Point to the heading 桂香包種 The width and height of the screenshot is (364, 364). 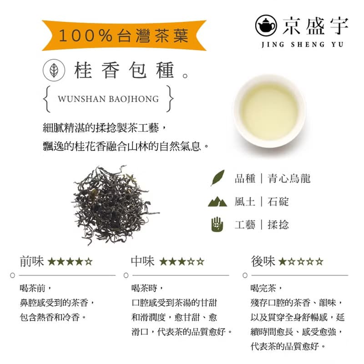[x=125, y=71]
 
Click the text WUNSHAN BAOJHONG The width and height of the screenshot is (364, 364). [x=108, y=98]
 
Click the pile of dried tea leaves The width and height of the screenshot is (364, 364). [x=115, y=203]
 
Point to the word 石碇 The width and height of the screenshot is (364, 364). [x=278, y=201]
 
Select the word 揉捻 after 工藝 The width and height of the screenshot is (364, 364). [x=278, y=224]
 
